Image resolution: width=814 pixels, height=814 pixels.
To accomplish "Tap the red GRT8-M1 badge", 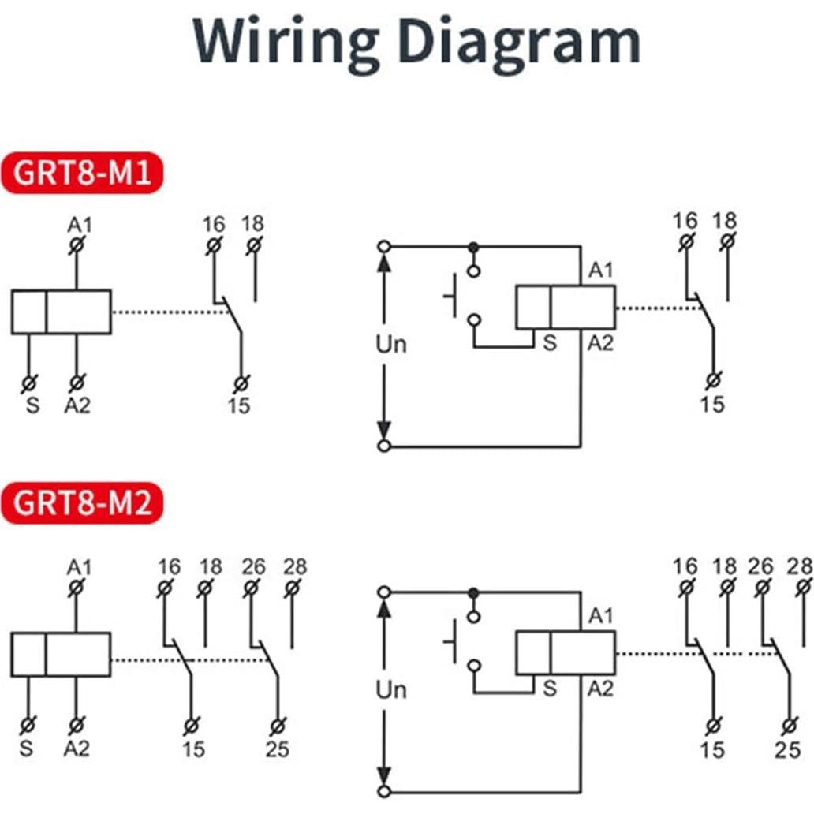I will point(83,172).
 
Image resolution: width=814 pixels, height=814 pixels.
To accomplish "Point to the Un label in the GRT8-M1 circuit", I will point(390,345).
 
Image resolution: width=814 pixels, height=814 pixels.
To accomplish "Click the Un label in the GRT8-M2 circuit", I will point(390,690).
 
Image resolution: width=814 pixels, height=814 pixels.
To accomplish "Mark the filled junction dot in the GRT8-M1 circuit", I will point(473,247).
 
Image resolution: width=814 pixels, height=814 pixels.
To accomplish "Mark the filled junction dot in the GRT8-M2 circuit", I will point(473,592).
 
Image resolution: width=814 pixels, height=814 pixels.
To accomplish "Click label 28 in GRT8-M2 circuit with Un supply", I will point(800,566).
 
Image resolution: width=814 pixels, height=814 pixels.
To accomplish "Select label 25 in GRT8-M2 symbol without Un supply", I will point(277,749).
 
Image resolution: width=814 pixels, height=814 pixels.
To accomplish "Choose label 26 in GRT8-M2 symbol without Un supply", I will point(252,566).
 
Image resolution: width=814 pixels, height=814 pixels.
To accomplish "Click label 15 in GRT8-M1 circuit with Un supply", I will point(712,404).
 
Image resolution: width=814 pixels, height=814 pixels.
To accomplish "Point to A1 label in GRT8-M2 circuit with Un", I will point(600,616).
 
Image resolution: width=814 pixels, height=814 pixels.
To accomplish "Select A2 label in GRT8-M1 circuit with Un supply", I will point(600,342).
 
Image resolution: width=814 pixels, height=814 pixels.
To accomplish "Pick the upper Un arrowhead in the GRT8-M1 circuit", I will point(384,262).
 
